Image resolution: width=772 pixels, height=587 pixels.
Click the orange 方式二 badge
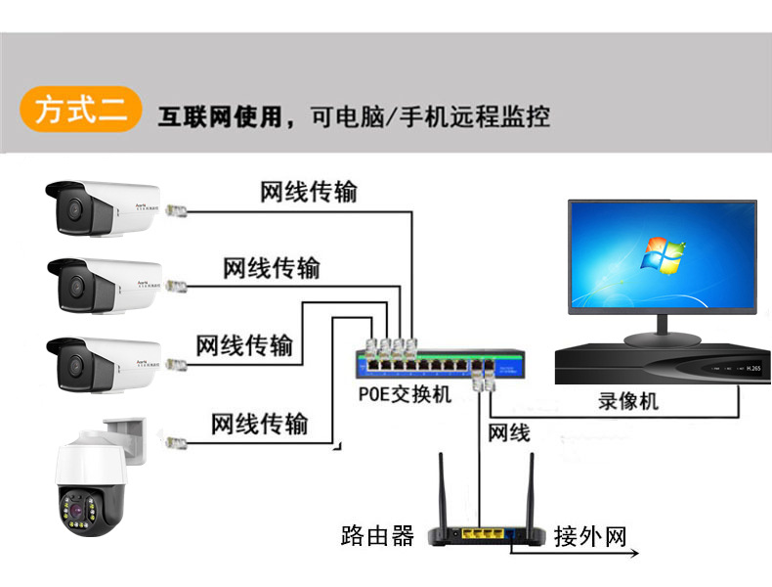coord(80,110)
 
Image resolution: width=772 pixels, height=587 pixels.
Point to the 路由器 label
coord(377,535)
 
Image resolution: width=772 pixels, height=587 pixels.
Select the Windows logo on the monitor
coord(662,256)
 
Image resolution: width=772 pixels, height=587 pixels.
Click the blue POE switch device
coord(430,365)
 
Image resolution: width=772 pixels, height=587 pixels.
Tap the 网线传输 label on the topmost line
coord(308,192)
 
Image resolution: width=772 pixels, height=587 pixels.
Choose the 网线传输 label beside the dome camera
coord(259,424)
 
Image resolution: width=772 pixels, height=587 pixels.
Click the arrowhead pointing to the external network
coord(634,554)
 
